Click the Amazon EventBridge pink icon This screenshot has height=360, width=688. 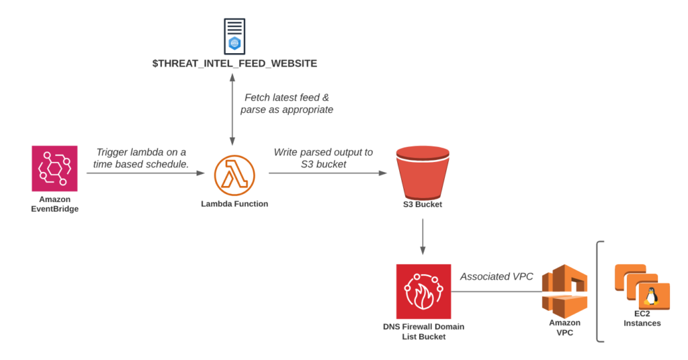click(x=54, y=169)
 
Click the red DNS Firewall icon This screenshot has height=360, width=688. click(x=423, y=291)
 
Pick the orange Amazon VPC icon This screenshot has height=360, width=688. click(x=564, y=291)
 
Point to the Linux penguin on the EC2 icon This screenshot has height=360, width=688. click(x=650, y=297)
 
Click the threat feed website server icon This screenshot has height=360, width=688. click(x=234, y=36)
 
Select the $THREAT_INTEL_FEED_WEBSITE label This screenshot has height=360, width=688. click(x=234, y=64)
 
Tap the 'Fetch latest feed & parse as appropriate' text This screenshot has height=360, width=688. click(x=287, y=103)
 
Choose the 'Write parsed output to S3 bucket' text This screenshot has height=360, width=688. click(x=323, y=158)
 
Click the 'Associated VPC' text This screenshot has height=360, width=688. click(x=497, y=277)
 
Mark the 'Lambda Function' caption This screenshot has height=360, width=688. click(x=234, y=204)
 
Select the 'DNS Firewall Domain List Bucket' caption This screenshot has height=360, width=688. click(x=423, y=331)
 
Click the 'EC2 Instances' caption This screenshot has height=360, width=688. click(x=642, y=318)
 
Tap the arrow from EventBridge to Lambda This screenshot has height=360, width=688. click(x=145, y=173)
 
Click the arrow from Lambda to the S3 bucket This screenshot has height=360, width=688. click(x=328, y=173)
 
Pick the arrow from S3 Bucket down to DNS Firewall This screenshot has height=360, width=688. click(x=423, y=236)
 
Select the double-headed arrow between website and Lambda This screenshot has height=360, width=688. click(x=232, y=111)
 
